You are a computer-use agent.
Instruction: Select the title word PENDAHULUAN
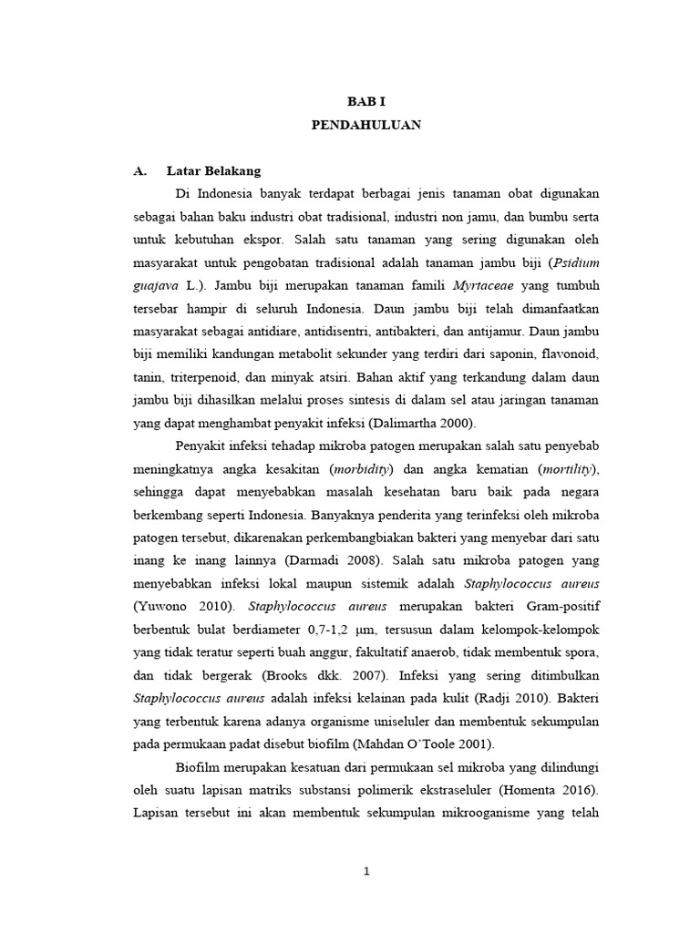[365, 126]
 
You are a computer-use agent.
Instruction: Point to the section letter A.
[139, 170]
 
